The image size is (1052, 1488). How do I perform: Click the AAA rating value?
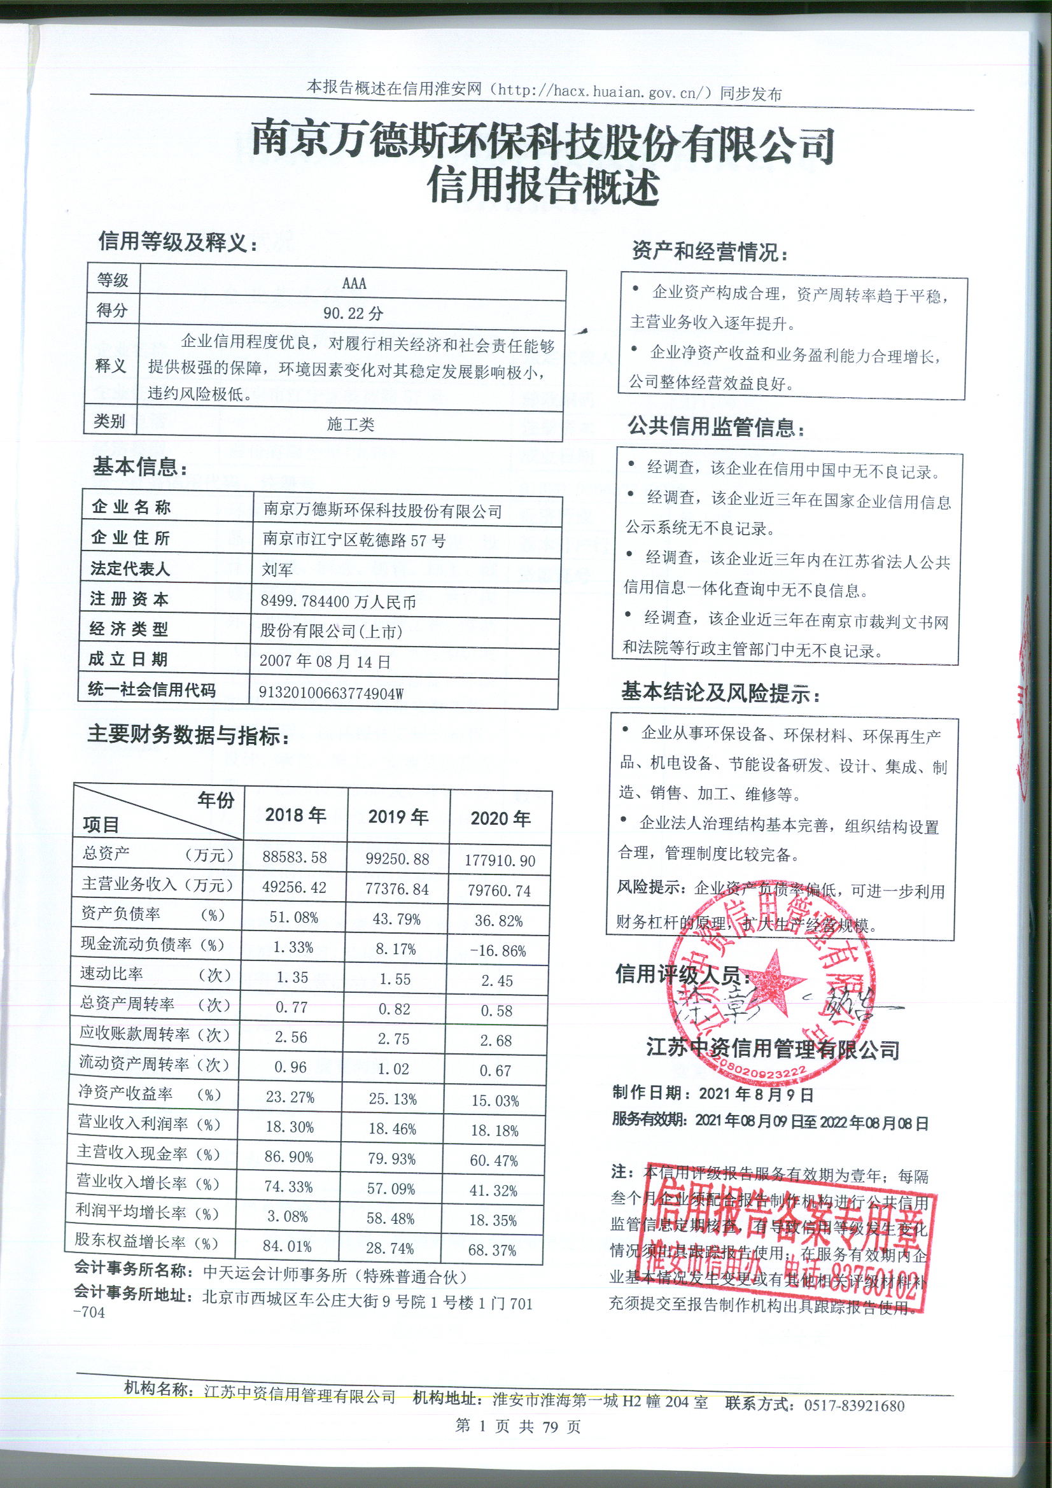tap(354, 283)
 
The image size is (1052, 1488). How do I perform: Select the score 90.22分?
tap(353, 314)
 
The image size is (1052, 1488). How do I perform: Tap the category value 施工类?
tap(351, 425)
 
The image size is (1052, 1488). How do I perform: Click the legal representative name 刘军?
tap(277, 570)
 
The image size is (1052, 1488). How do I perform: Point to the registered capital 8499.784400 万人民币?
tap(338, 601)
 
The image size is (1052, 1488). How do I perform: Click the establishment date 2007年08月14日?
tap(325, 662)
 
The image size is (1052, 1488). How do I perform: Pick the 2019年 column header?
tap(398, 817)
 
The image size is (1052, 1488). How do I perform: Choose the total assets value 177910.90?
tap(500, 860)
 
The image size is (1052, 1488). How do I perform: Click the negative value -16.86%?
tap(498, 951)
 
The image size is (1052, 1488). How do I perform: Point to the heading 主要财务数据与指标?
tap(188, 735)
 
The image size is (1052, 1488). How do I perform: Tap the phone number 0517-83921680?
tap(853, 1405)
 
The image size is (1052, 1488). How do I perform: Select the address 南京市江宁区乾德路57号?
tap(354, 540)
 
